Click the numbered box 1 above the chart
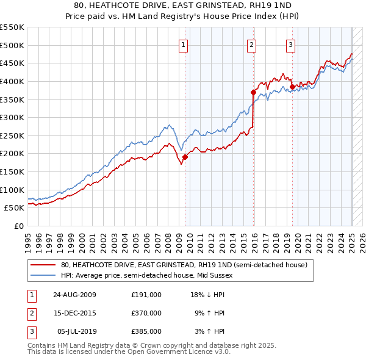coord(184,44)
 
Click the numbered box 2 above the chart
coord(251,44)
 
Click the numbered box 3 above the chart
coord(290,44)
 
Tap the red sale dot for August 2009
coord(185,157)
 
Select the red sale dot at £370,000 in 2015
coord(253,92)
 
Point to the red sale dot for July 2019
coord(292,87)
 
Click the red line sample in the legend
coord(43,265)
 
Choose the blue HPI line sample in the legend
coord(43,275)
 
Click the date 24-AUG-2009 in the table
coord(74,295)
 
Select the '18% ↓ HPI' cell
coord(208,295)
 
